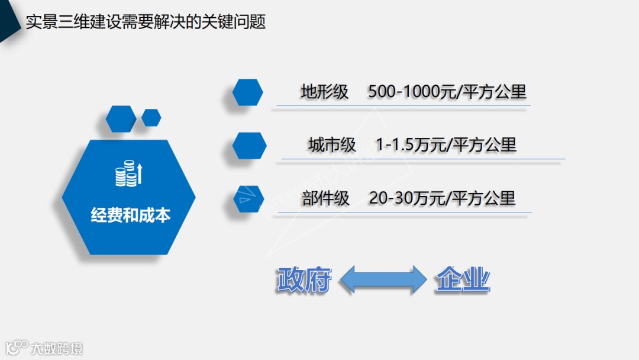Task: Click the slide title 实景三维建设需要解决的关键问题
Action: pos(146,22)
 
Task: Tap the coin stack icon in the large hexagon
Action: pos(128,173)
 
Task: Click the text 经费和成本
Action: pos(131,214)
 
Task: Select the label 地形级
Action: pos(324,92)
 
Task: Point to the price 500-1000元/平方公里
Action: pos(447,92)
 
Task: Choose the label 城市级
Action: pos(331,144)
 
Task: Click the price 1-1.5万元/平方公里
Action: pos(446,144)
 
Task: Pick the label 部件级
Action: pos(325,198)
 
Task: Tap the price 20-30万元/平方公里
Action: pos(442,198)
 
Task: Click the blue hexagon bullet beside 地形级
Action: pos(247,92)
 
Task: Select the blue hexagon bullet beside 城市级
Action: pos(249,146)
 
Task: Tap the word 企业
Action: pos(463,280)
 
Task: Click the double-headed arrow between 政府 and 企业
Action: pos(383,279)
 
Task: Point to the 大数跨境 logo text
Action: pos(57,348)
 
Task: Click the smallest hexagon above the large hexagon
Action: pos(151,117)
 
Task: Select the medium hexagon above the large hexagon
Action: pos(120,118)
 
